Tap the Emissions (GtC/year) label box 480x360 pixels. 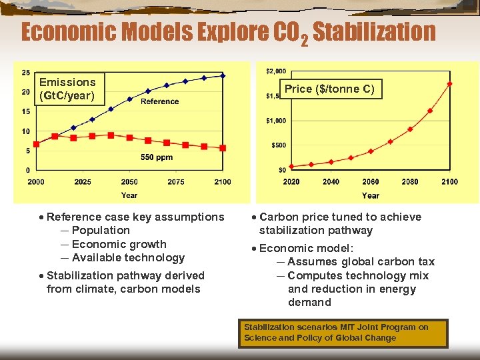click(67, 89)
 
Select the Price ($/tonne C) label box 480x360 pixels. click(329, 89)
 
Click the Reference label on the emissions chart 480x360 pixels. click(160, 101)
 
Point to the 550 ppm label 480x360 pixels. click(157, 157)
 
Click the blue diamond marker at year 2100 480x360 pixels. click(223, 75)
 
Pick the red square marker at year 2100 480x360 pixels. click(223, 148)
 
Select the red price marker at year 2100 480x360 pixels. click(449, 84)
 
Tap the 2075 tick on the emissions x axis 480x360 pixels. click(176, 182)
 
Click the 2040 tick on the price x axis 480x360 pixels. click(331, 182)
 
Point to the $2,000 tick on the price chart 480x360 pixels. click(276, 71)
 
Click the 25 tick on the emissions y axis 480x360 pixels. click(25, 73)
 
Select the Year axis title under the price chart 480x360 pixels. click(371, 195)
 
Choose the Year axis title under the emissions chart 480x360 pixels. click(129, 195)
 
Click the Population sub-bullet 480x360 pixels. click(101, 231)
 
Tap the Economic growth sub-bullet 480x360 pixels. click(119, 244)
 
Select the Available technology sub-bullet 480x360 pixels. click(128, 258)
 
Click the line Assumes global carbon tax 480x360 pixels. click(361, 262)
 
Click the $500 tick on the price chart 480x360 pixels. click(279, 145)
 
